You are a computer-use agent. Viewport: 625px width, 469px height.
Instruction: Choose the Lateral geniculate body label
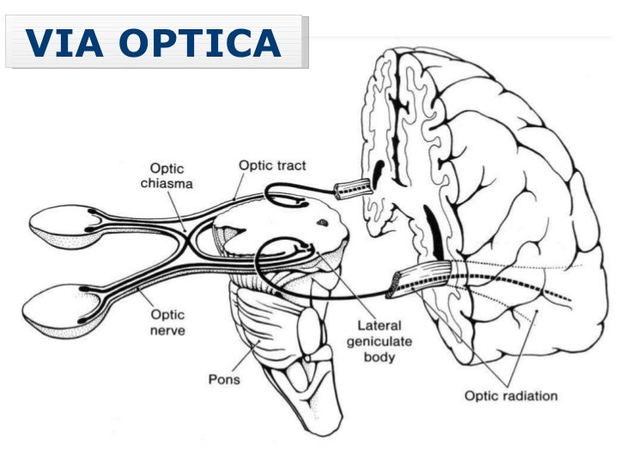385,340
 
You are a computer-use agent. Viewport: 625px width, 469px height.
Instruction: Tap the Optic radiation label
511,396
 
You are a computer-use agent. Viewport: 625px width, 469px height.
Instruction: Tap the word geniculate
385,340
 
